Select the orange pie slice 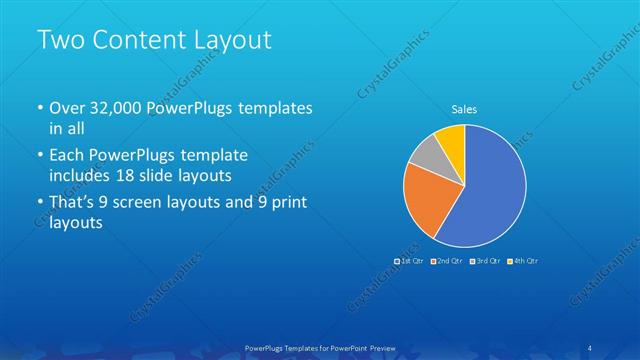tap(423, 197)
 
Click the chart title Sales tap(465, 110)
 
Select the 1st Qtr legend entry tap(410, 260)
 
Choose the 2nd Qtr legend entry tap(446, 260)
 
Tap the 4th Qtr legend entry tap(522, 260)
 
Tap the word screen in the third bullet tap(158, 203)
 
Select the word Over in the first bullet tap(66, 108)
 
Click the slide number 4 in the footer tap(591, 347)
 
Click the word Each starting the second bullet tap(66, 156)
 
